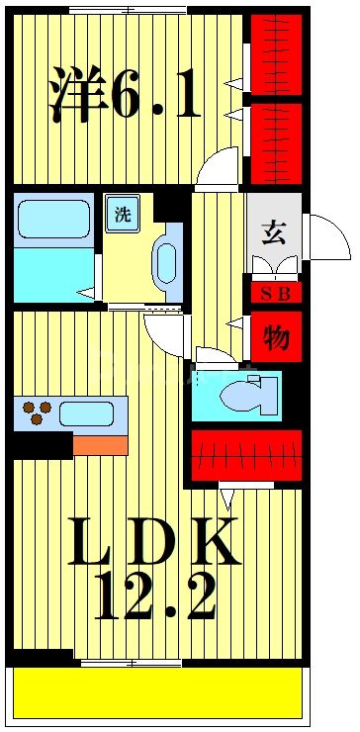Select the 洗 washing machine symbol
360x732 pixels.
(121, 216)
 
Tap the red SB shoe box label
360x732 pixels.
(274, 294)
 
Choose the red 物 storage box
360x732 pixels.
(274, 337)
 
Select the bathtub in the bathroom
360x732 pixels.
(53, 219)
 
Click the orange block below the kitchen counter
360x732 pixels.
(100, 444)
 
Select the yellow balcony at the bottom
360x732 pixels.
(156, 692)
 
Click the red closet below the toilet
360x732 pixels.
(245, 454)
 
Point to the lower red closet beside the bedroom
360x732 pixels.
(274, 142)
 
